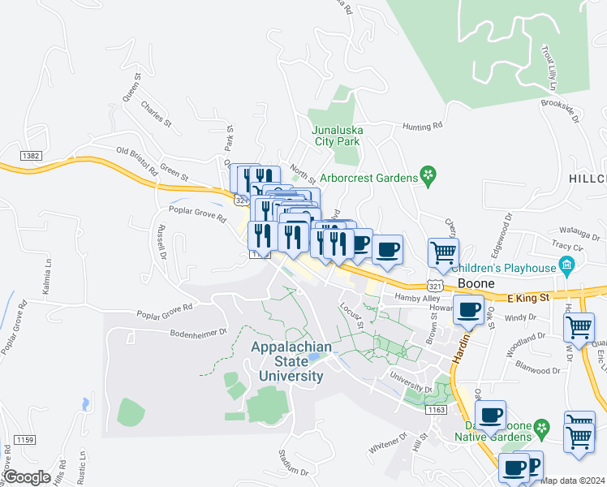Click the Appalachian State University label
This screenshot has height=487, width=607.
tap(291, 362)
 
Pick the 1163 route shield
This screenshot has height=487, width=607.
tap(436, 411)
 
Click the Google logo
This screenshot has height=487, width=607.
tap(27, 476)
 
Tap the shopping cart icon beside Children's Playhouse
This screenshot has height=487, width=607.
tap(443, 252)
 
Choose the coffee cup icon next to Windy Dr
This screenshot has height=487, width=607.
tap(469, 309)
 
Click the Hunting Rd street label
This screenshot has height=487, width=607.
tap(424, 127)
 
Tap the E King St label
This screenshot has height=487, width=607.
tap(529, 298)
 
